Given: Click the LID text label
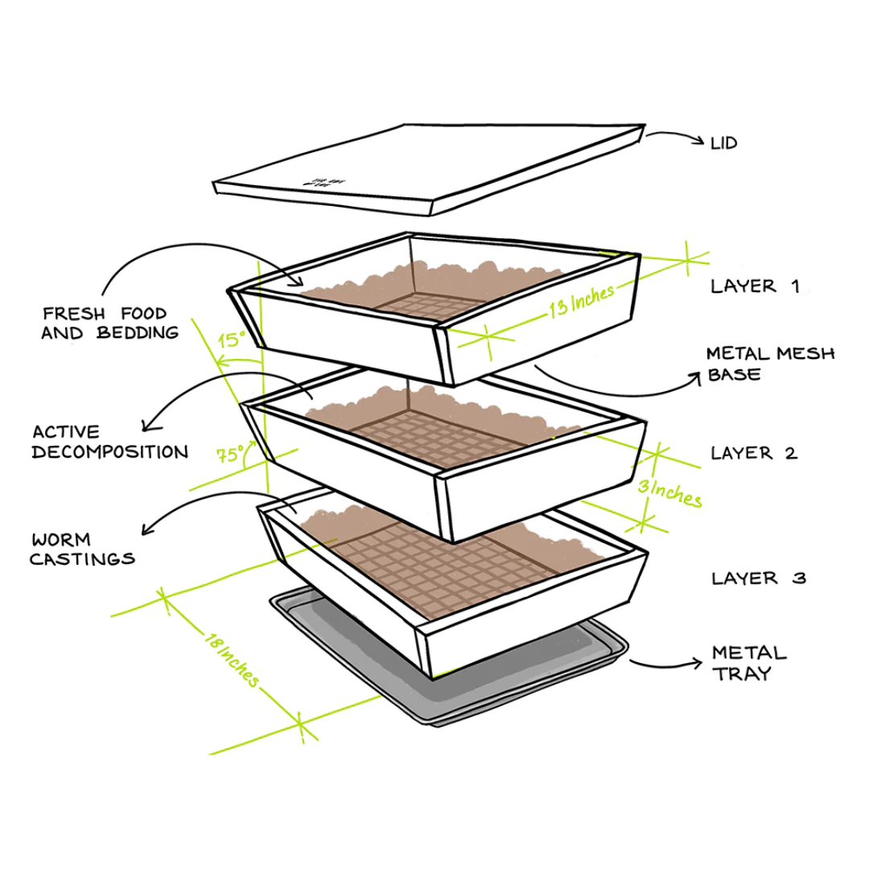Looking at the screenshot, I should pos(723,143).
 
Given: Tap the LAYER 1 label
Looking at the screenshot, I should pos(754,286).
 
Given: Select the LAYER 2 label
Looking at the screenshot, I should pos(753,453).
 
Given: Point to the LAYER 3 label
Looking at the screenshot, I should pos(758,578).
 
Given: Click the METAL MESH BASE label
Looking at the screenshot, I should pos(770,364).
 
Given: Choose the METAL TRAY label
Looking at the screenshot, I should pos(748,663).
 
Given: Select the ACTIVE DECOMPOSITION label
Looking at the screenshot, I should pos(109,442).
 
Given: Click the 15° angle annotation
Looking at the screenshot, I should pos(232,340).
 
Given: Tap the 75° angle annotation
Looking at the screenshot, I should pos(231,455).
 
